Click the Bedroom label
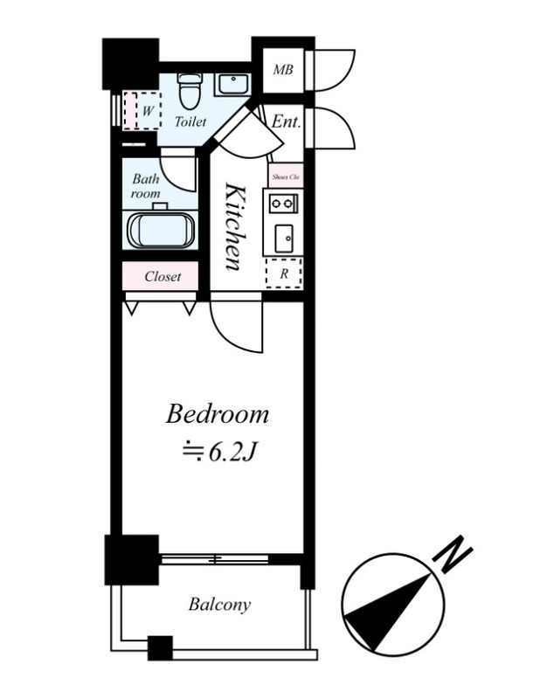(218, 414)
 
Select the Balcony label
(219, 605)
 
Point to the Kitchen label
(235, 226)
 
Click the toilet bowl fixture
(190, 91)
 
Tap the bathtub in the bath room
(161, 230)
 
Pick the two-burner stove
(283, 204)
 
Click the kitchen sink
(283, 238)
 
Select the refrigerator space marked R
(284, 273)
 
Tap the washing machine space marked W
(142, 111)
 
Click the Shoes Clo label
(286, 177)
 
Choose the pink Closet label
(163, 276)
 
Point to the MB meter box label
(283, 70)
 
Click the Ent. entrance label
(286, 121)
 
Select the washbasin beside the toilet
(232, 84)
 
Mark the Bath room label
(146, 186)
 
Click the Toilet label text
(190, 121)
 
